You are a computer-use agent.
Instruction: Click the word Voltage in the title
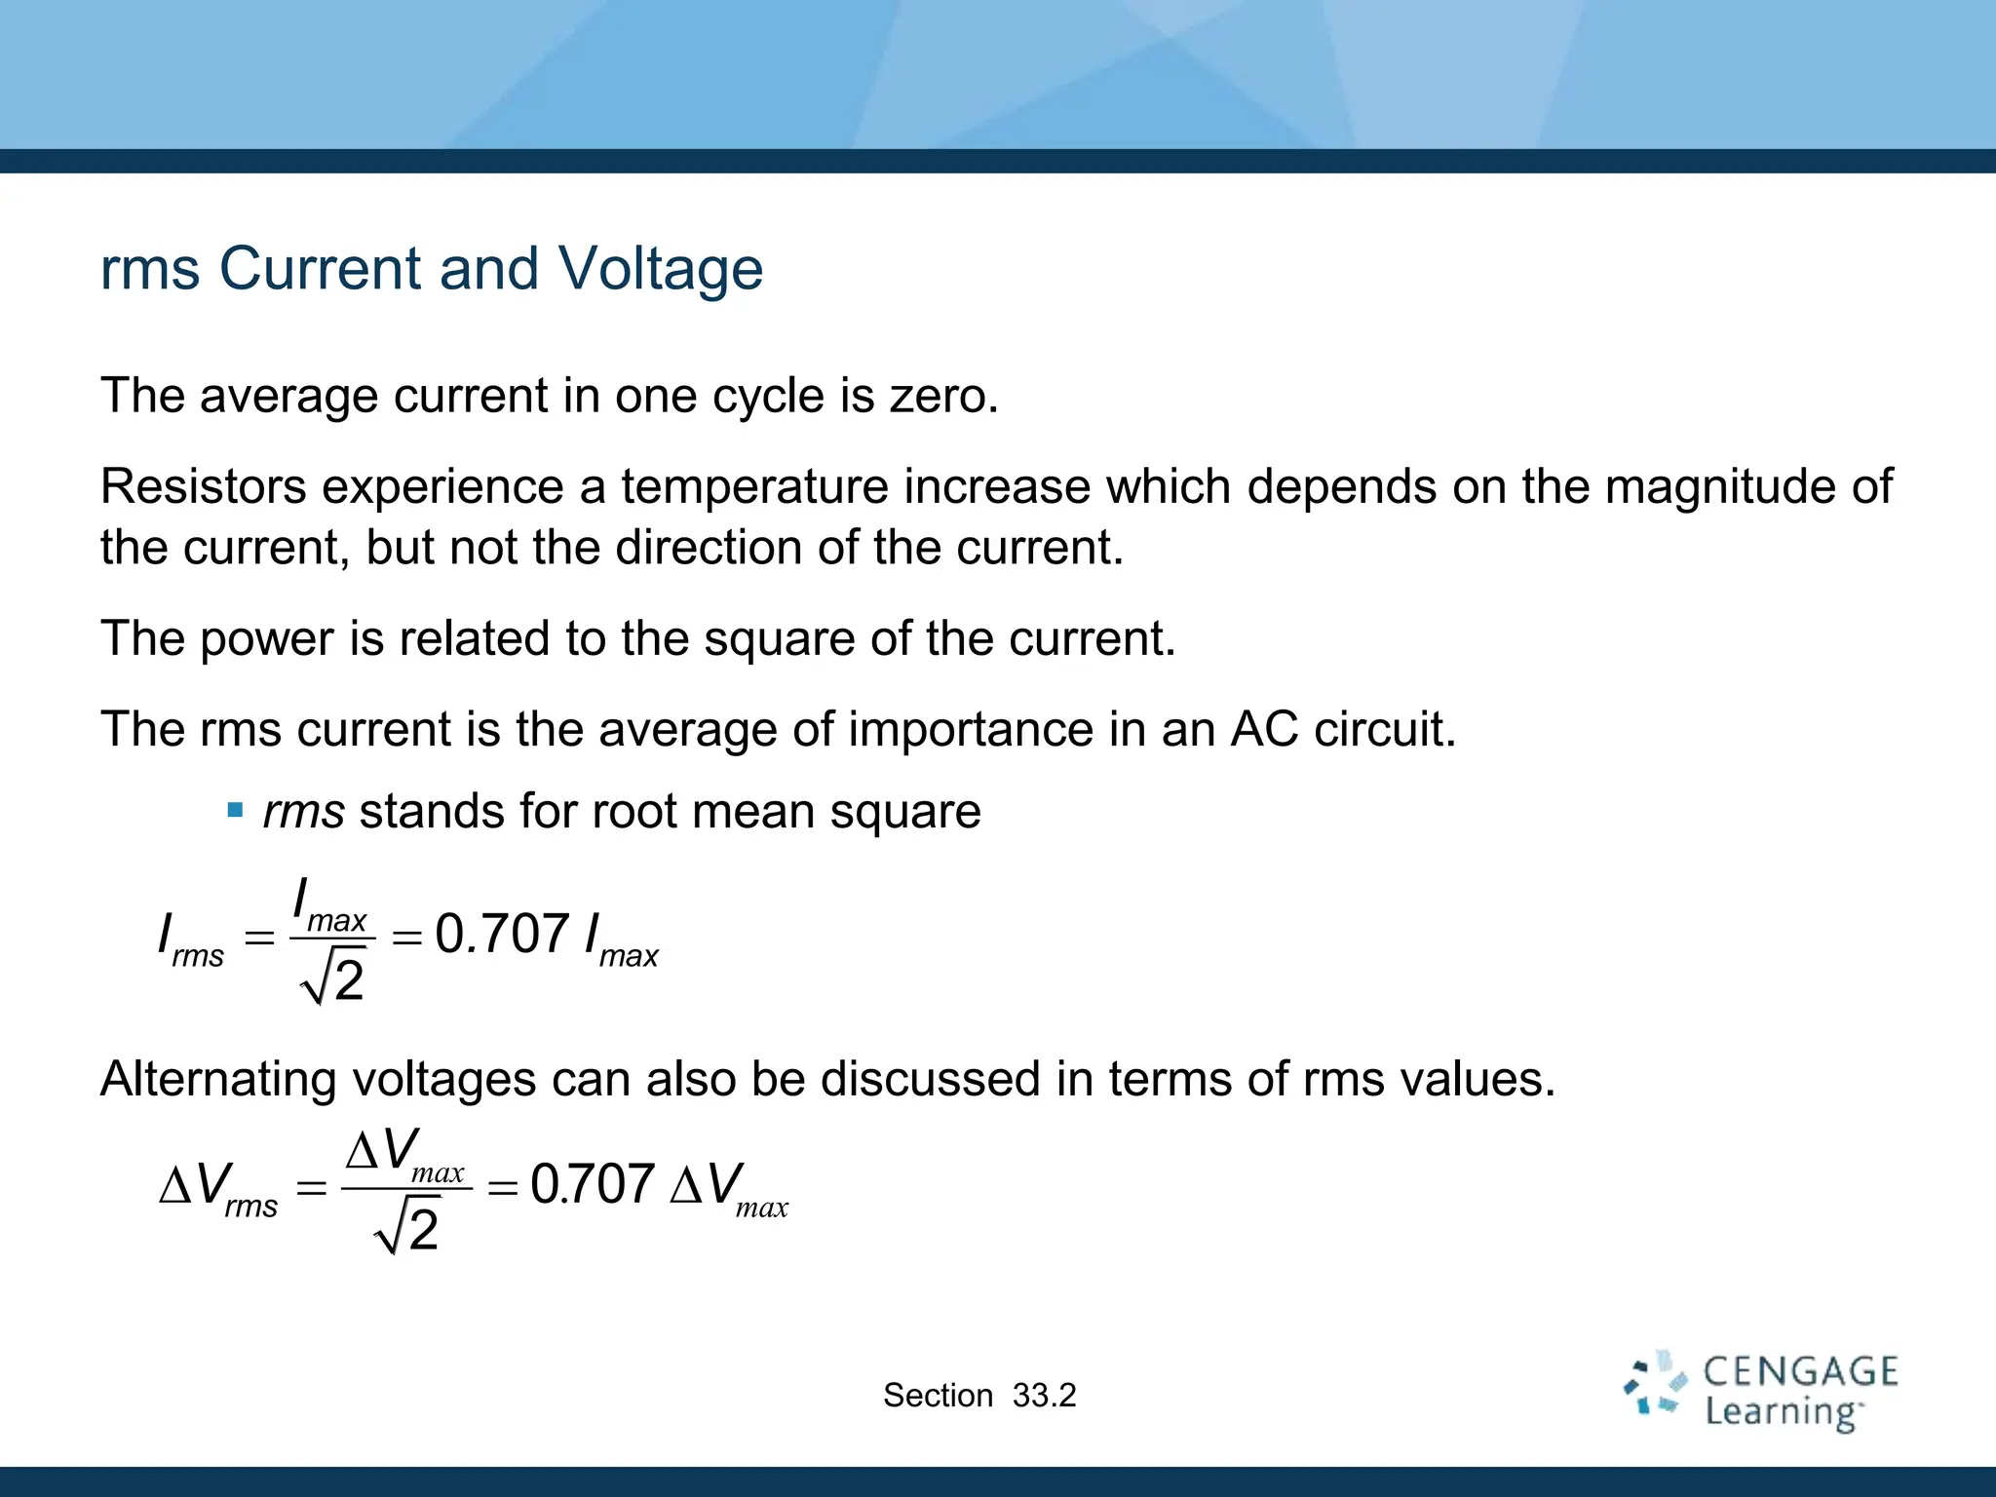660,269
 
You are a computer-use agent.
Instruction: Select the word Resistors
203,486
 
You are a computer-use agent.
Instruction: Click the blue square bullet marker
235,810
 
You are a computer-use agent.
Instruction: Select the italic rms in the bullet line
303,812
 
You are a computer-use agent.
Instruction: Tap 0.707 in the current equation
502,934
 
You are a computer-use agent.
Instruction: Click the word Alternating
217,1080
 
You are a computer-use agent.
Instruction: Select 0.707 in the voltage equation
592,1185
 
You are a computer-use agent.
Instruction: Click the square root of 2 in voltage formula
407,1228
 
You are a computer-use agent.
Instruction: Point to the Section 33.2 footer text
979,1396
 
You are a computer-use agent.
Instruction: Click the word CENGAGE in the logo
1800,1371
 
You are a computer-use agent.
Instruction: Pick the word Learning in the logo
1782,1412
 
